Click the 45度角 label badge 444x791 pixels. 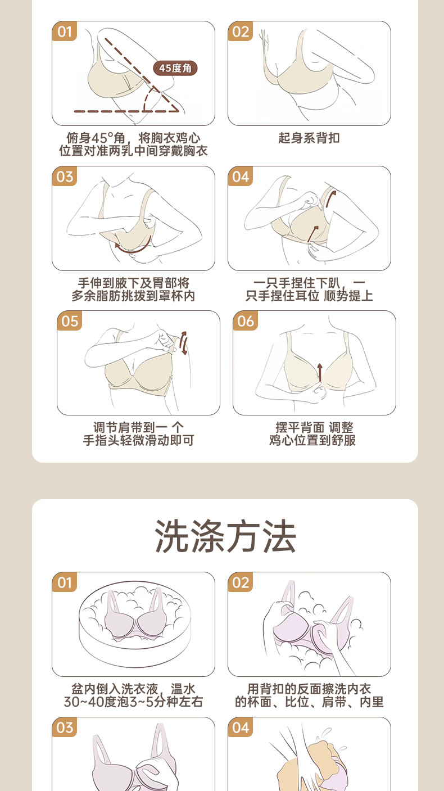(175, 68)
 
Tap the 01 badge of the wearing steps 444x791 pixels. (65, 31)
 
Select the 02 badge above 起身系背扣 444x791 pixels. (241, 31)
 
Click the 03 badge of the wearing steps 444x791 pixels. (65, 177)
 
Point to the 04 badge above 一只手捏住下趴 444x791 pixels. (241, 177)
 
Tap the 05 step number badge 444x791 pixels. (70, 321)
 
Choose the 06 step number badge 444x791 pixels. (245, 321)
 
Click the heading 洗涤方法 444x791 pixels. (225, 536)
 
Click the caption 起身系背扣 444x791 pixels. (309, 138)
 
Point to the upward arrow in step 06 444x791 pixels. (320, 372)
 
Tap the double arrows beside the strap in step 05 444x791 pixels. (183, 343)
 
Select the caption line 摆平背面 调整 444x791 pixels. (314, 427)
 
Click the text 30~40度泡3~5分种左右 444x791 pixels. (133, 702)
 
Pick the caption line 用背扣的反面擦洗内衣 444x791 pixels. (309, 689)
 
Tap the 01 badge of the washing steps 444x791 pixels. (65, 582)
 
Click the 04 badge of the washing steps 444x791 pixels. (241, 727)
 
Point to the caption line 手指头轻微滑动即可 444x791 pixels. (138, 440)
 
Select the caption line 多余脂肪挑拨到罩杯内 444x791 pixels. (133, 296)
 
